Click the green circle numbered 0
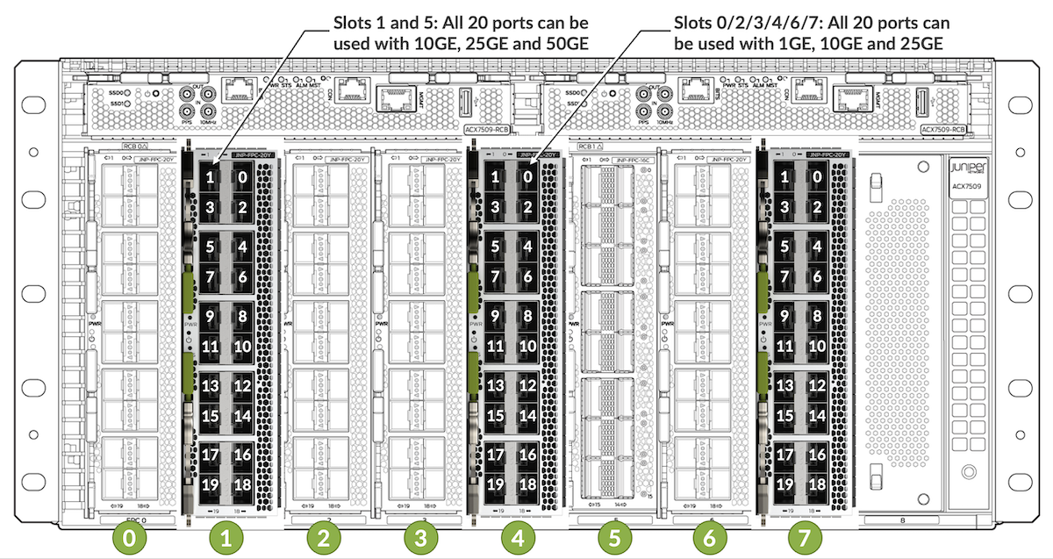pyautogui.click(x=130, y=538)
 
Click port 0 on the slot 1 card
pyautogui.click(x=242, y=177)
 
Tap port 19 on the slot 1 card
pyautogui.click(x=211, y=484)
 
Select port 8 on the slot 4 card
pyautogui.click(x=526, y=315)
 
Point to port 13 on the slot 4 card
pyautogui.click(x=496, y=384)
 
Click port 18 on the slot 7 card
pyautogui.click(x=817, y=484)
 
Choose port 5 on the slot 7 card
pyautogui.click(x=786, y=247)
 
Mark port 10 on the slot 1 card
pyautogui.click(x=242, y=347)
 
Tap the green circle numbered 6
pyautogui.click(x=709, y=538)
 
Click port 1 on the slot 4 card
pyautogui.click(x=496, y=177)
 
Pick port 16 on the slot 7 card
pyautogui.click(x=817, y=455)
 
